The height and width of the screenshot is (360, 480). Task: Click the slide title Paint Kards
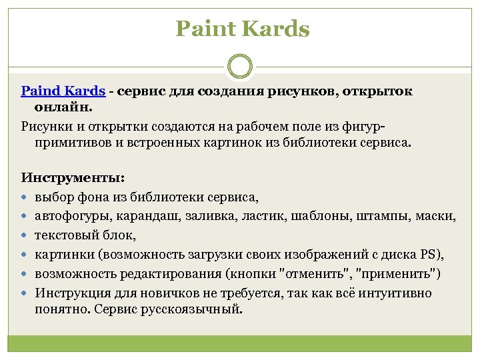(243, 29)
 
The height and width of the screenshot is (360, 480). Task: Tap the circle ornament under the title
(240, 67)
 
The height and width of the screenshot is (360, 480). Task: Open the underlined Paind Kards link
(63, 91)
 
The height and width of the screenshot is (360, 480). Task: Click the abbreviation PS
(428, 255)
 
